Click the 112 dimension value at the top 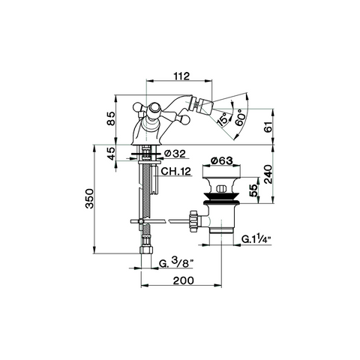(181, 76)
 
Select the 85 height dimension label (111, 118)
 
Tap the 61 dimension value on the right (268, 127)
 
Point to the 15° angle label (223, 118)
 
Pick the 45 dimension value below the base (112, 154)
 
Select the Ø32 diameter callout (175, 154)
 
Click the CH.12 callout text (175, 171)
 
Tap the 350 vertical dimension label (89, 199)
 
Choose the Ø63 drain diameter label (221, 160)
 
